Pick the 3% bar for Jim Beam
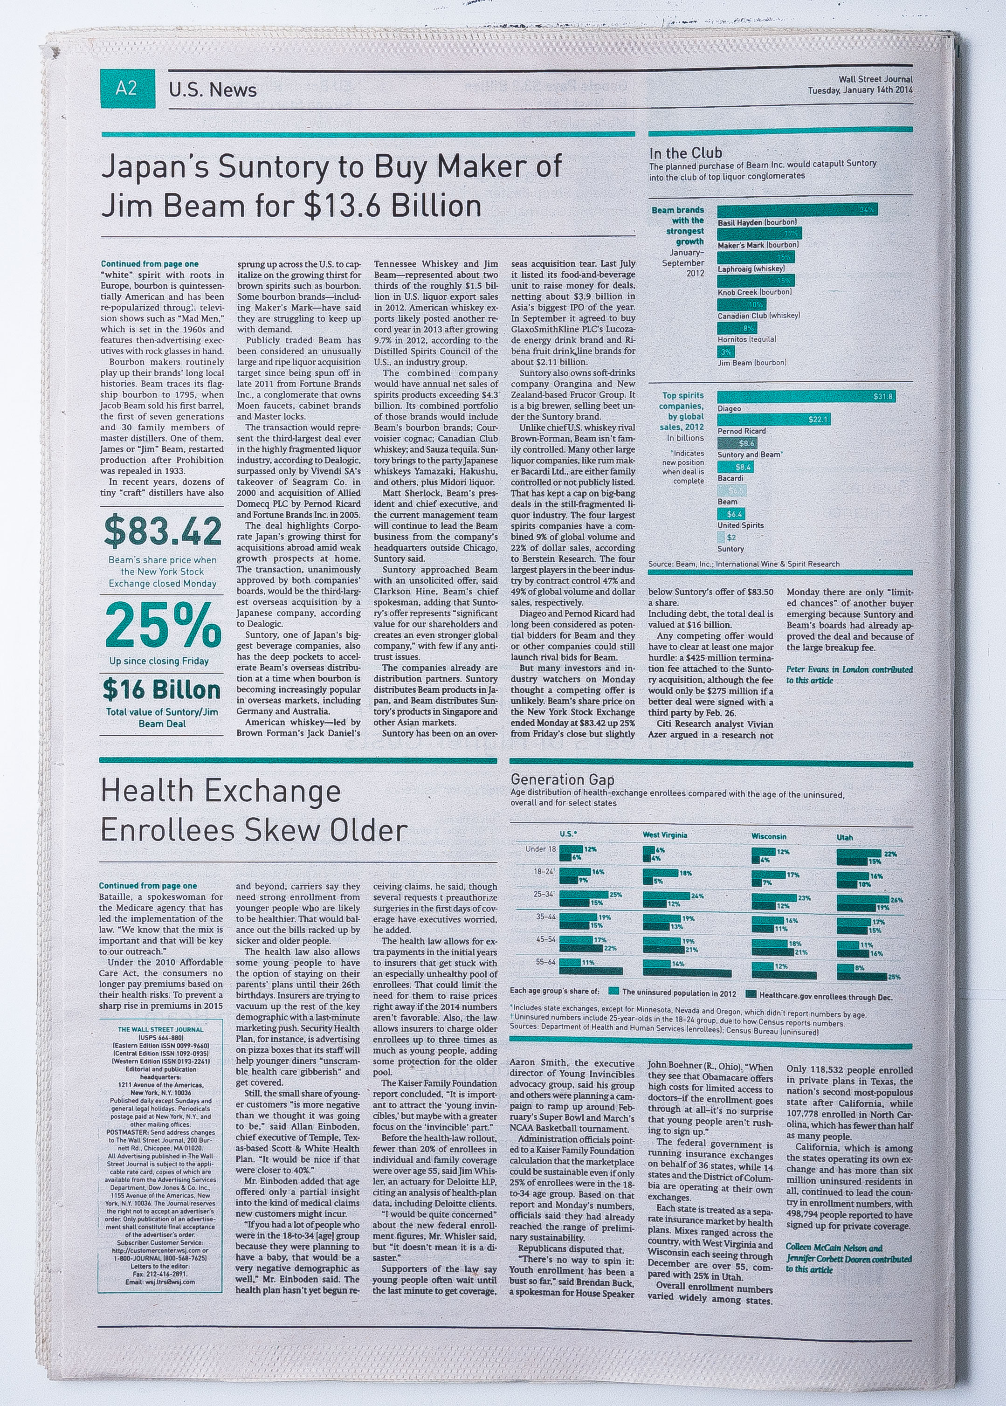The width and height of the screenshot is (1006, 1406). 725,351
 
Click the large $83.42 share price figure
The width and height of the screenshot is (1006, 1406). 162,531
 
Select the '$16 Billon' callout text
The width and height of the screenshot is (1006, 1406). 162,689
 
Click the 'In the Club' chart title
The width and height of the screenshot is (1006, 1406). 685,152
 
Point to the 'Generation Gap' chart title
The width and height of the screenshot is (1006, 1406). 562,779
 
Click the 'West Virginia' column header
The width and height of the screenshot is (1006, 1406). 665,835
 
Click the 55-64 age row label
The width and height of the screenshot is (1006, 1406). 544,962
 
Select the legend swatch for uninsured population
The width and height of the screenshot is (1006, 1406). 614,991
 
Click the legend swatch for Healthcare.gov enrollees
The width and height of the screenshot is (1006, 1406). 751,993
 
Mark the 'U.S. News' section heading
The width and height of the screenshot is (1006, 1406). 213,90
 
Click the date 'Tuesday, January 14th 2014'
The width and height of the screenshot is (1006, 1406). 859,90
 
